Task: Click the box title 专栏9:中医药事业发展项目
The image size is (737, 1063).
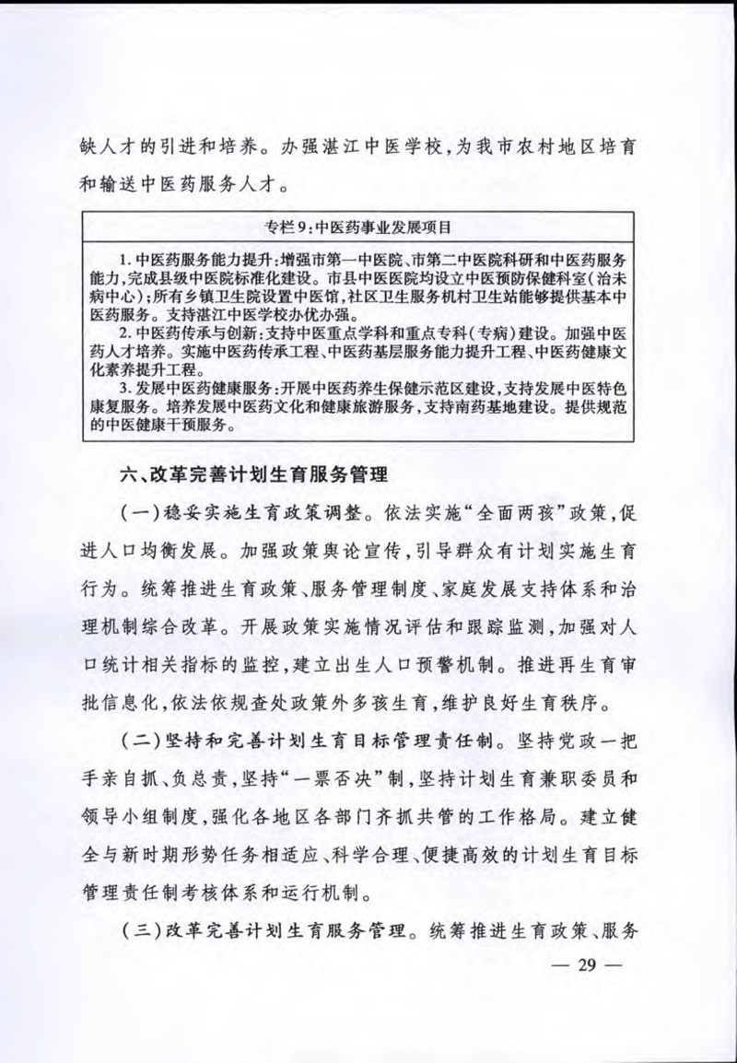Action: tap(368, 225)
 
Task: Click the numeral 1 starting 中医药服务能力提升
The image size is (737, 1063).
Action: tap(125, 255)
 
